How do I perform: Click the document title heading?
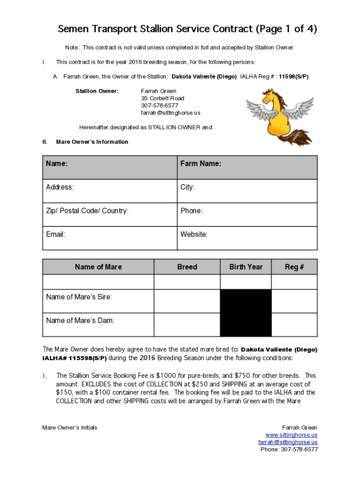[x=187, y=29]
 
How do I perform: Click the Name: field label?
[x=57, y=164]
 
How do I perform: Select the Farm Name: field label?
[x=201, y=164]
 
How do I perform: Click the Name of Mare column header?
[x=98, y=267]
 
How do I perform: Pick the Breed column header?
[x=187, y=267]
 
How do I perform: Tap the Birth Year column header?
[x=245, y=267]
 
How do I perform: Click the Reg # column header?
[x=294, y=267]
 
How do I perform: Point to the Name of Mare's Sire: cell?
[x=79, y=298]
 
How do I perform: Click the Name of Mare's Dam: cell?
[x=80, y=321]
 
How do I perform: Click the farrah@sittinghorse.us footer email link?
[x=288, y=442]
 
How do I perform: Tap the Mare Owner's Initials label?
[x=70, y=428]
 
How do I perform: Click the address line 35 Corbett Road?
[x=163, y=98]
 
